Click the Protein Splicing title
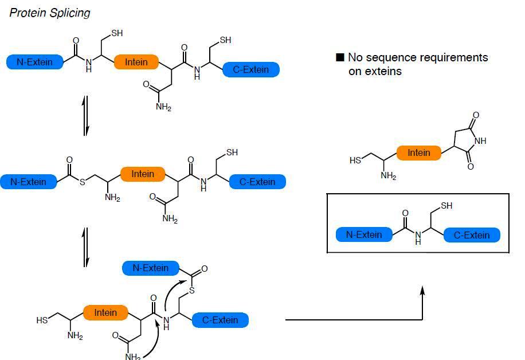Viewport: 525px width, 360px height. point(50,13)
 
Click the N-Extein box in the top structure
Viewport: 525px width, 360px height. point(34,62)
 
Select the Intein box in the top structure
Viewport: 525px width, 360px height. point(136,62)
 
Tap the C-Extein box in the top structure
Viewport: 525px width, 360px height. point(251,70)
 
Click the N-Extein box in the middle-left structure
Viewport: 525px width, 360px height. point(29,182)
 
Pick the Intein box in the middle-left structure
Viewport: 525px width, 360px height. point(143,174)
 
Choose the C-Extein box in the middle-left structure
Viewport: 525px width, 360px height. point(257,182)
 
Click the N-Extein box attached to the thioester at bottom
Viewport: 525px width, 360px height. point(151,268)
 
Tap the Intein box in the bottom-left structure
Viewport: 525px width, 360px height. point(105,312)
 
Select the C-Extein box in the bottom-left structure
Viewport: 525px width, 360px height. point(221,320)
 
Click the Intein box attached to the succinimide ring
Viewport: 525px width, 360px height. point(418,153)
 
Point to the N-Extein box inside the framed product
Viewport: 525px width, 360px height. point(364,234)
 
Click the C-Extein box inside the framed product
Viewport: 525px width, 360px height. point(472,234)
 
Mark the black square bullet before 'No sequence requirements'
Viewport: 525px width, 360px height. point(340,57)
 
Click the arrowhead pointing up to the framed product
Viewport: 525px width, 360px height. point(422,291)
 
